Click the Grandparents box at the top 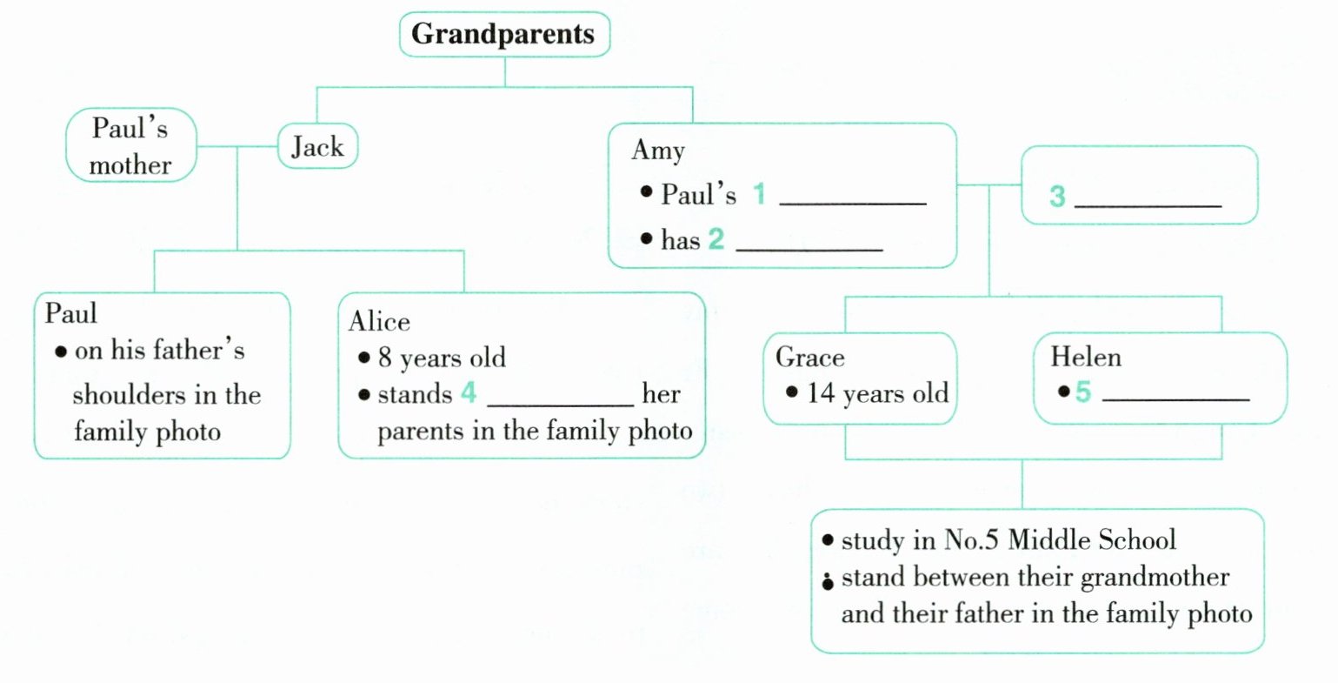tap(504, 35)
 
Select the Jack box tap(317, 146)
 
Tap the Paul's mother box tap(130, 146)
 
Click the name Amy tap(658, 151)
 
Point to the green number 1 tap(759, 193)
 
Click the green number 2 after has tap(716, 238)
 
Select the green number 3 tap(1057, 196)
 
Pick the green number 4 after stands tap(469, 393)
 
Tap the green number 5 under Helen tap(1082, 392)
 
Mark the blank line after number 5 tap(1175, 399)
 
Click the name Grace tap(809, 358)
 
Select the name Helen tap(1086, 357)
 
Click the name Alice tap(379, 322)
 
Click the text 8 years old tap(442, 358)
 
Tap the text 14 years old tap(877, 393)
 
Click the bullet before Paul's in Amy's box tap(646, 191)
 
